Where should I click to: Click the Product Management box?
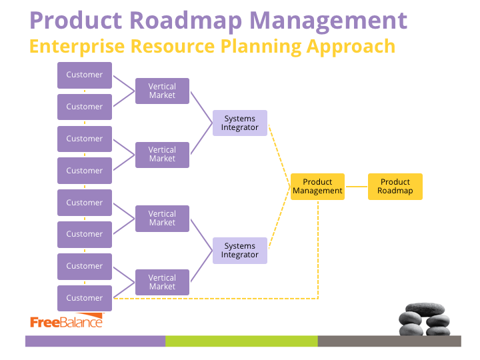point(317,187)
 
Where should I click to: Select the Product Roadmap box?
point(395,187)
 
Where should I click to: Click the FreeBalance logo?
point(67,321)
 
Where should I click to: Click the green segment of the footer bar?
point(241,341)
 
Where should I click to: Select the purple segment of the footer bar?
point(95,341)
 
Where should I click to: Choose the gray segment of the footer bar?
point(389,341)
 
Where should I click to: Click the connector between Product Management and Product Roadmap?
point(356,187)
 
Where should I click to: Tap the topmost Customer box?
point(85,75)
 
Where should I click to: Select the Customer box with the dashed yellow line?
point(85,298)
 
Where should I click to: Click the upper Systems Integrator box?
point(240,123)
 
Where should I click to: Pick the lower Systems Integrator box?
point(240,251)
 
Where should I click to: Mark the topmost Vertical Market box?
point(162,91)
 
